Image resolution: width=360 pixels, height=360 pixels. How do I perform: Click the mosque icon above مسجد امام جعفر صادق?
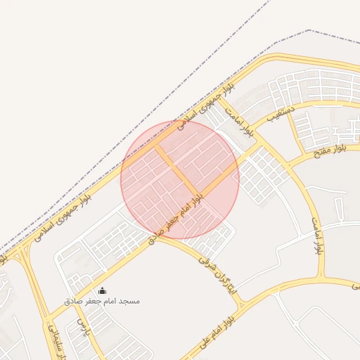[103, 291]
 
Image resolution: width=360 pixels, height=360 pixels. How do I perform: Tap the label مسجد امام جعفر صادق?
[103, 301]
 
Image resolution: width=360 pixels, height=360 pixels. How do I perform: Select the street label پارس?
[82, 328]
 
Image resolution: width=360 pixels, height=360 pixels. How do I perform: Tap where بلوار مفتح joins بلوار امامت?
[288, 166]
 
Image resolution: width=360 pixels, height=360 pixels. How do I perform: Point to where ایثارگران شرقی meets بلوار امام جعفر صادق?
[154, 237]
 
